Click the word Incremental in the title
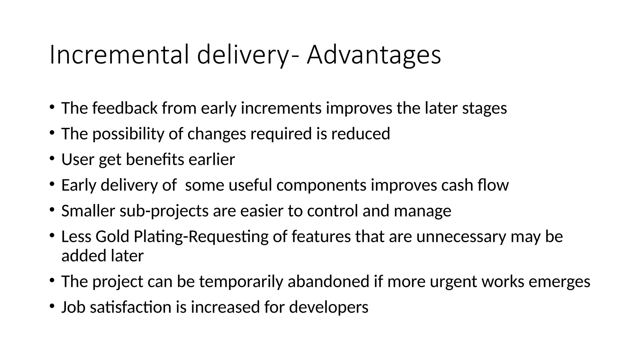[x=119, y=55]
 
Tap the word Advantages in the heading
[x=374, y=55]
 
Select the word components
[x=321, y=185]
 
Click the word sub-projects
[x=164, y=211]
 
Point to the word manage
[x=422, y=211]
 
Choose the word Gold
[x=112, y=236]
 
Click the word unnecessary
[x=461, y=236]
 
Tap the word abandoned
[x=328, y=281]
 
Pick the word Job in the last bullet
[x=73, y=307]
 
